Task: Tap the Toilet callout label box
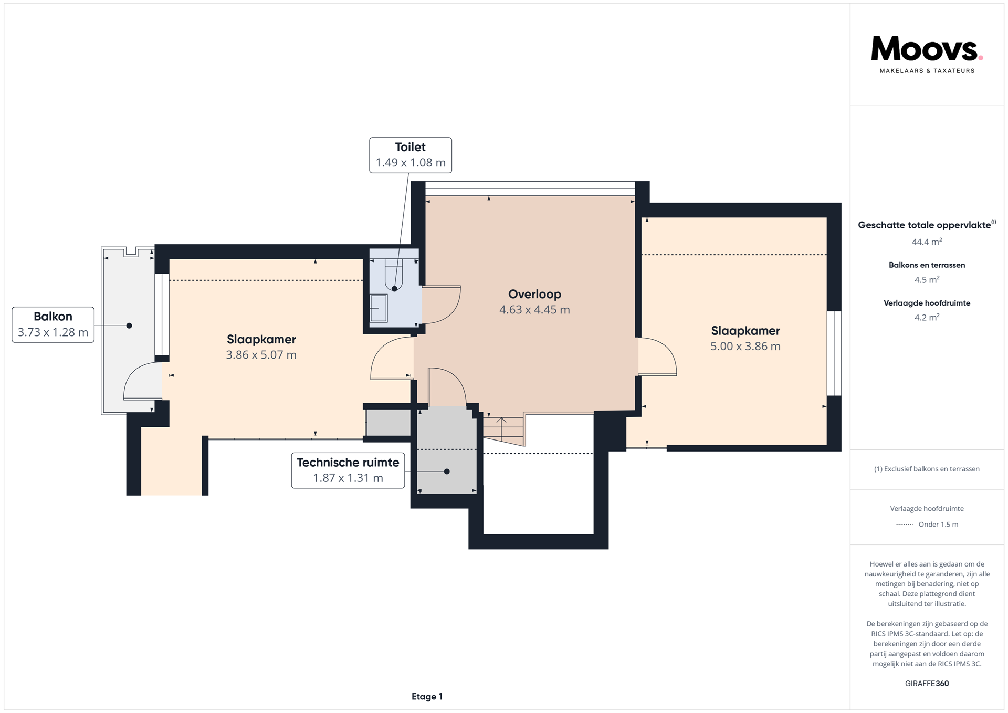point(411,155)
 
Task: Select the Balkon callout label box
point(53,324)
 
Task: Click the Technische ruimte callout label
point(348,470)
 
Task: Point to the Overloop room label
point(534,295)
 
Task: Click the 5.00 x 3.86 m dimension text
point(745,347)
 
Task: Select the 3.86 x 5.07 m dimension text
point(261,355)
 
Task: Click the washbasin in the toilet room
point(379,308)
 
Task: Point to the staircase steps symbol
point(503,430)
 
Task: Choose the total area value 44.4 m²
point(927,242)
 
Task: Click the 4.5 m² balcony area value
point(927,280)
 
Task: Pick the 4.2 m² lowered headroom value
point(927,318)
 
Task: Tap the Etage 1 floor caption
point(427,697)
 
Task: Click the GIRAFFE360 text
point(927,684)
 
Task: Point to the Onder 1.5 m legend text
point(938,525)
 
